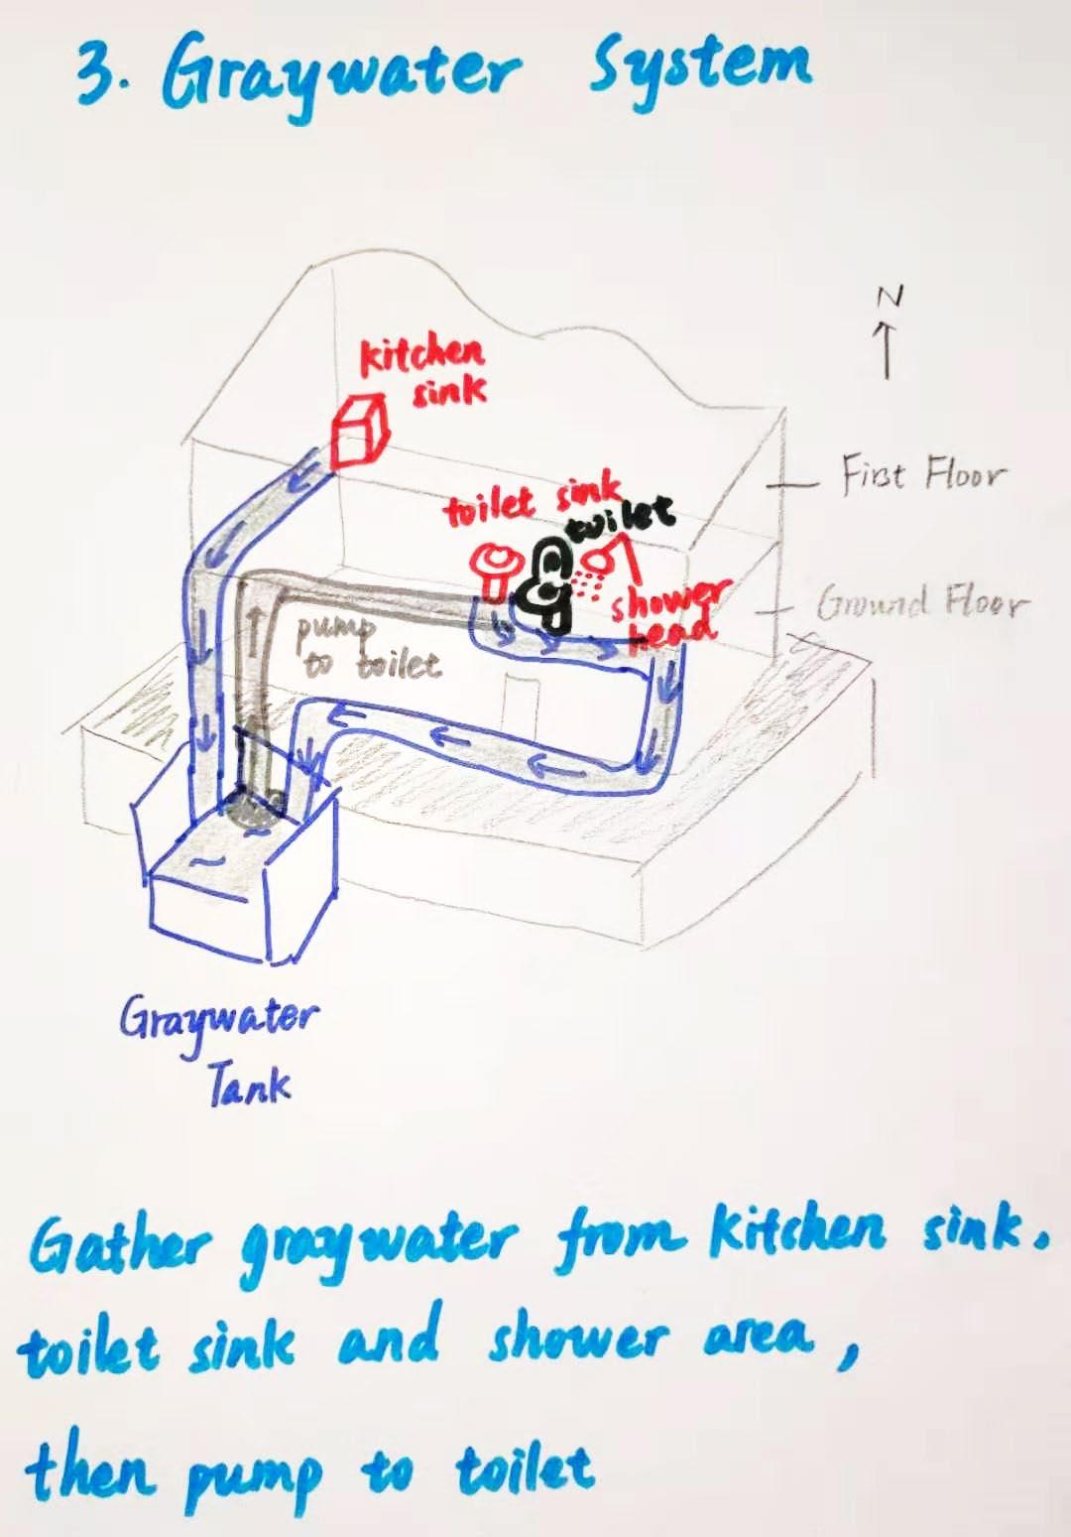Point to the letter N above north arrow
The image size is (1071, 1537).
coord(890,297)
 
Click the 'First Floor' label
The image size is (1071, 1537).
coord(922,473)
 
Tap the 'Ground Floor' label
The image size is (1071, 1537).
coord(922,601)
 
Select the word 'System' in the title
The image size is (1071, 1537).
coord(700,67)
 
